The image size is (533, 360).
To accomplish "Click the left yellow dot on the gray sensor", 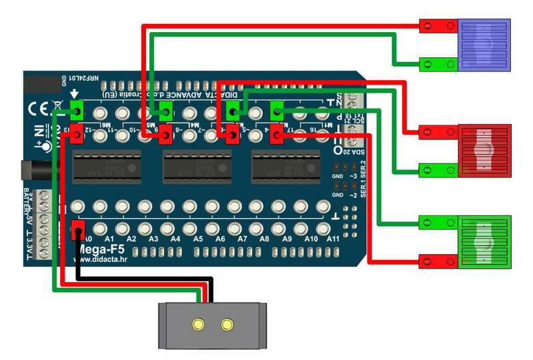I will [x=198, y=325].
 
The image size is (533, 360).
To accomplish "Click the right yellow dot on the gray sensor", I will [x=228, y=325].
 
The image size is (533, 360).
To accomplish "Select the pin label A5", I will [x=197, y=239].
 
